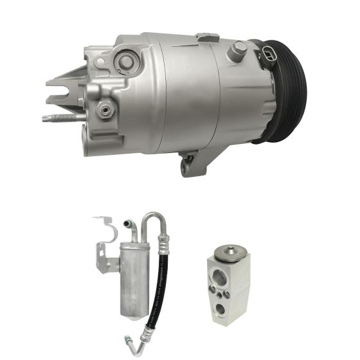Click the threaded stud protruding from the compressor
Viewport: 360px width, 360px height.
[x=58, y=118]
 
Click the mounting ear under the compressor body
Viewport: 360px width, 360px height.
[x=190, y=163]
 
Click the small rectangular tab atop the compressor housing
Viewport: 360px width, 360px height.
[x=207, y=38]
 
